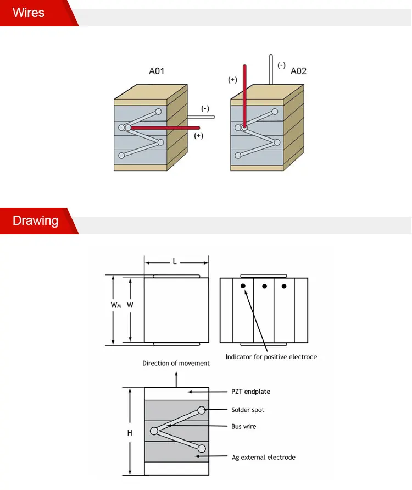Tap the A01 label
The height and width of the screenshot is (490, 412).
(x=157, y=71)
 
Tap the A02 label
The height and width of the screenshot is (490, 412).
(x=298, y=71)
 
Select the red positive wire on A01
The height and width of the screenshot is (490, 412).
(x=165, y=128)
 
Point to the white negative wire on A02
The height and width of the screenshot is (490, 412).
(x=271, y=69)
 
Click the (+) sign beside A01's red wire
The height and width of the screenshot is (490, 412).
(x=198, y=135)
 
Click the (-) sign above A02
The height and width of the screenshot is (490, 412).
(x=281, y=65)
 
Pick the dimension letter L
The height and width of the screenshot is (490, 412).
(x=175, y=262)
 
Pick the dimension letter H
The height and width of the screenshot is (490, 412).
(x=130, y=433)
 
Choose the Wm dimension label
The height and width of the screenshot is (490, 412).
(x=115, y=305)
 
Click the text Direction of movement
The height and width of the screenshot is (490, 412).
(x=176, y=363)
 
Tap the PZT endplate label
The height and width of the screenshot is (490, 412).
(x=250, y=392)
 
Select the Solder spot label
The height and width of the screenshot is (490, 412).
(x=248, y=410)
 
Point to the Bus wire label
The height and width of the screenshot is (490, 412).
(x=243, y=426)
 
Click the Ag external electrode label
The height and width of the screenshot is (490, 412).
(x=263, y=457)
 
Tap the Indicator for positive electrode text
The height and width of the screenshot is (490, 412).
(x=271, y=357)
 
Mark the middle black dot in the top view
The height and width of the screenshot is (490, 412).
(x=264, y=286)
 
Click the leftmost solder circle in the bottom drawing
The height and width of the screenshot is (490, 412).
(x=154, y=431)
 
